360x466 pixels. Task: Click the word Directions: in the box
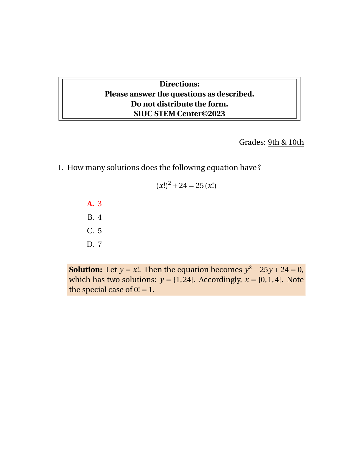click(179, 84)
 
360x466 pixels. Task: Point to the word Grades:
click(252, 142)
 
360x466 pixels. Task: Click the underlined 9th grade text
click(274, 142)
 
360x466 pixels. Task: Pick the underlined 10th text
click(296, 142)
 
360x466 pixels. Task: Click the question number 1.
click(60, 168)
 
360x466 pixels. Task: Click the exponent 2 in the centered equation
click(169, 183)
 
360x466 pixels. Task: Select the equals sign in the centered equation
click(191, 186)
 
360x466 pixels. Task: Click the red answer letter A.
click(90, 204)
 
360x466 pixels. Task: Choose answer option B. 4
click(94, 217)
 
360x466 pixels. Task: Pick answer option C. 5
click(94, 231)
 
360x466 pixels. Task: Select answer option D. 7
click(94, 244)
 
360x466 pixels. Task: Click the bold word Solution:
click(86, 270)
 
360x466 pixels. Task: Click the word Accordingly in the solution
click(220, 280)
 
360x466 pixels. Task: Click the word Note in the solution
click(295, 280)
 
